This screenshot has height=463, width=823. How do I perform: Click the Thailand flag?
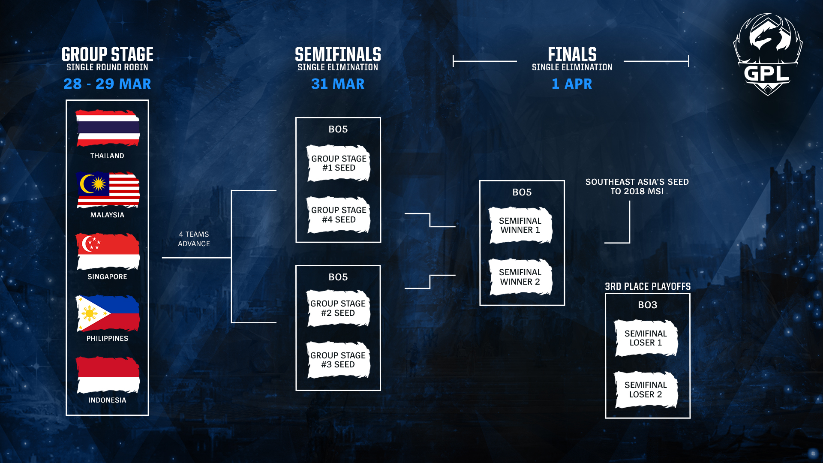pos(108,128)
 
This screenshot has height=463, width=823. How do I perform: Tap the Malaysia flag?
pos(108,189)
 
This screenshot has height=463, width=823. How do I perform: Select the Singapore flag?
pos(108,251)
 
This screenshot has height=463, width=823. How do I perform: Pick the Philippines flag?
pos(108,313)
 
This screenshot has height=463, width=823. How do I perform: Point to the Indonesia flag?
pos(108,375)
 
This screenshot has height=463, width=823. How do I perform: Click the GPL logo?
pos(768,54)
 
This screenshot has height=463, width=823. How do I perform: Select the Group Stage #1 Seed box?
pos(338,163)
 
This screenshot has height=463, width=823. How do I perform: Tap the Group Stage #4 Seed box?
pos(338,215)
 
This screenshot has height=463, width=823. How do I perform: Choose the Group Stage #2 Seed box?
pos(338,308)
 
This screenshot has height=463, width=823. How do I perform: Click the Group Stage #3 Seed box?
pos(338,360)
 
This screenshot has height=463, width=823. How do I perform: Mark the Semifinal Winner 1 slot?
pos(520,225)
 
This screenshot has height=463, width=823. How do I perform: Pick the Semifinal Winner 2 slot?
pos(520,277)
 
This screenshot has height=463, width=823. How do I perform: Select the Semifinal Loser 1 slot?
pos(646,338)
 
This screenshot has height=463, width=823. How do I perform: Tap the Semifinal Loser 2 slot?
pos(646,390)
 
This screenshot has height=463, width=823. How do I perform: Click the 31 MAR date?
pos(338,84)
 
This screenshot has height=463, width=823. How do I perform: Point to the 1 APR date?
pos(572,84)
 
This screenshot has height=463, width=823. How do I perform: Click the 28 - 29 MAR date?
pos(107,84)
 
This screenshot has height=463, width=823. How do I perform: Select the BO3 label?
pos(647,305)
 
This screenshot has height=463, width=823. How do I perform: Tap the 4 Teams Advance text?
pos(194,239)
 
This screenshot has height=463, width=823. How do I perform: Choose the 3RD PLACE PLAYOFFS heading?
pos(648,286)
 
